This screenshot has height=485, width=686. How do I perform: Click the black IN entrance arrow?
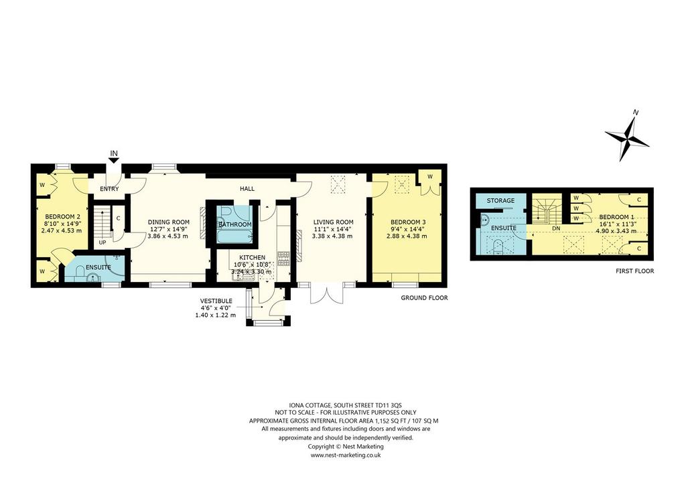click(114, 161)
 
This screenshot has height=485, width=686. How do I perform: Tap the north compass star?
click(627, 137)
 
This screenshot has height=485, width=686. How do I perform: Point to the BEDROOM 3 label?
click(407, 222)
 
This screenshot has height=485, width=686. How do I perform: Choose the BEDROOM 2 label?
click(63, 216)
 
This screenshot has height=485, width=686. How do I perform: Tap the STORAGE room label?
click(500, 201)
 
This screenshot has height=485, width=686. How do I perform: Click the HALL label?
click(247, 189)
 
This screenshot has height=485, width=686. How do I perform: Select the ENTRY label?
click(109, 189)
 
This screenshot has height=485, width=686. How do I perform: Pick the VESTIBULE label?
click(216, 301)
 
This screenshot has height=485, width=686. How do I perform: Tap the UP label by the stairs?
click(102, 242)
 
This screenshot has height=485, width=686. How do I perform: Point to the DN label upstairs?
click(557, 228)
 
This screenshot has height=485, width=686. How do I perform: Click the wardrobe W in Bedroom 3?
click(430, 177)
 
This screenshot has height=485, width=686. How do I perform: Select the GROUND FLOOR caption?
click(424, 298)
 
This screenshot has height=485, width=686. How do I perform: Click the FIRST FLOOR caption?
click(634, 271)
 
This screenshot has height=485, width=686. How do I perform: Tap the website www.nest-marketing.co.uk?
click(346, 455)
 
